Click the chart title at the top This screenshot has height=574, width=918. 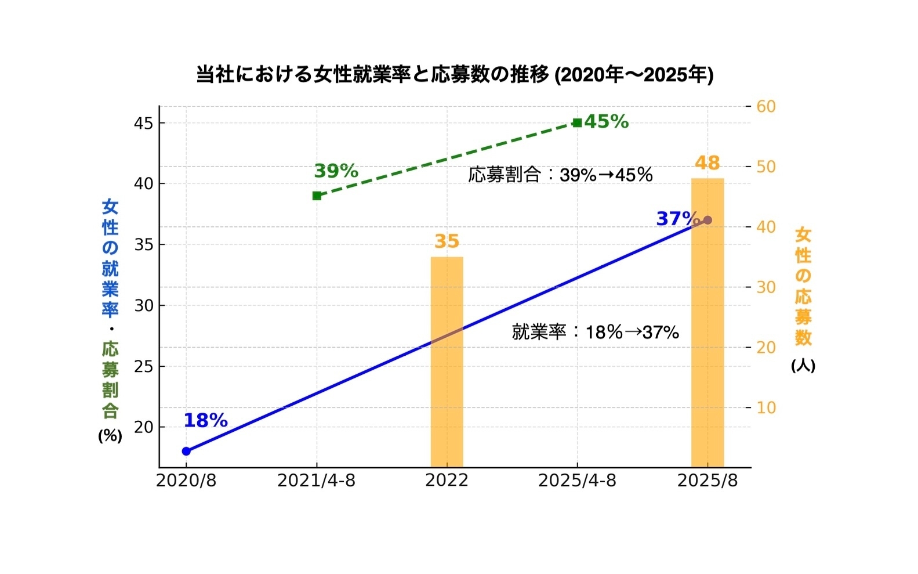click(x=455, y=75)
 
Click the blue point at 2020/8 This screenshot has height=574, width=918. click(x=186, y=451)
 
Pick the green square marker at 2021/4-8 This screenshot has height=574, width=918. click(x=317, y=196)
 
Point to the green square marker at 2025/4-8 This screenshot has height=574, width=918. click(x=577, y=122)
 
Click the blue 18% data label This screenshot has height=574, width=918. click(x=205, y=421)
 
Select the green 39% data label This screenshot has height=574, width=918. click(x=336, y=171)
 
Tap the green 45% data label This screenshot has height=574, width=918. click(x=606, y=122)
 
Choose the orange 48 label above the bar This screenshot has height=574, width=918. click(x=707, y=163)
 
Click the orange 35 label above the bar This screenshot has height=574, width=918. click(x=447, y=241)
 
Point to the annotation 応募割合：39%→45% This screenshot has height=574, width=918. click(x=560, y=175)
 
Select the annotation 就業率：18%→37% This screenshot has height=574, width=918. click(x=595, y=332)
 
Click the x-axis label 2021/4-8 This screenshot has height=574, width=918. click(x=316, y=481)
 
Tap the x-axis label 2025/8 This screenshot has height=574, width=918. click(x=707, y=481)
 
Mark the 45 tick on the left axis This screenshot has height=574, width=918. click(x=143, y=124)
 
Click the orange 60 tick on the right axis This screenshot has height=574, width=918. click(x=766, y=106)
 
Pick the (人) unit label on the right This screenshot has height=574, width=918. click(x=803, y=366)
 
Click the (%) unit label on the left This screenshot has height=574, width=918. click(x=110, y=436)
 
